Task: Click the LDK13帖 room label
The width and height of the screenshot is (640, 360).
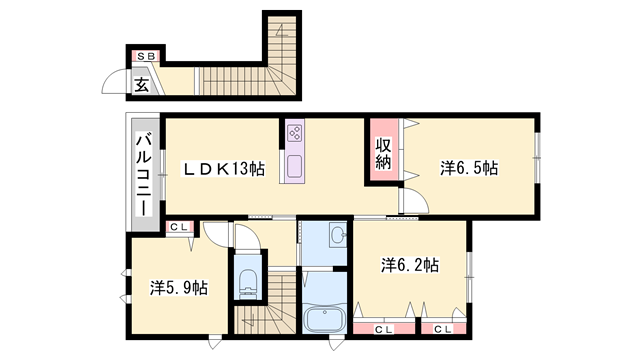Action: pyautogui.click(x=223, y=169)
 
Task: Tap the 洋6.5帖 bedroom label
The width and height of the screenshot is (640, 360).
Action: pyautogui.click(x=468, y=168)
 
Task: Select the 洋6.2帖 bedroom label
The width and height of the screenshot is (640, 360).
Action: pyautogui.click(x=409, y=265)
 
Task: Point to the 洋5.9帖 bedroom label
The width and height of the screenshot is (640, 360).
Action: pyautogui.click(x=178, y=287)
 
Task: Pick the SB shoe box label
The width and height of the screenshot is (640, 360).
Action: pyautogui.click(x=145, y=56)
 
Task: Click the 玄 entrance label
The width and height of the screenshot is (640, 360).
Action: pyautogui.click(x=142, y=84)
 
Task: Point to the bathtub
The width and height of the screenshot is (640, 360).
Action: pyautogui.click(x=323, y=322)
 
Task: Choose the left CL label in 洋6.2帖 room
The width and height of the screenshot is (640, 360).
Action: pyautogui.click(x=384, y=328)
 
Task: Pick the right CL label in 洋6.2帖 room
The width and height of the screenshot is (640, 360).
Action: pyautogui.click(x=441, y=328)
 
